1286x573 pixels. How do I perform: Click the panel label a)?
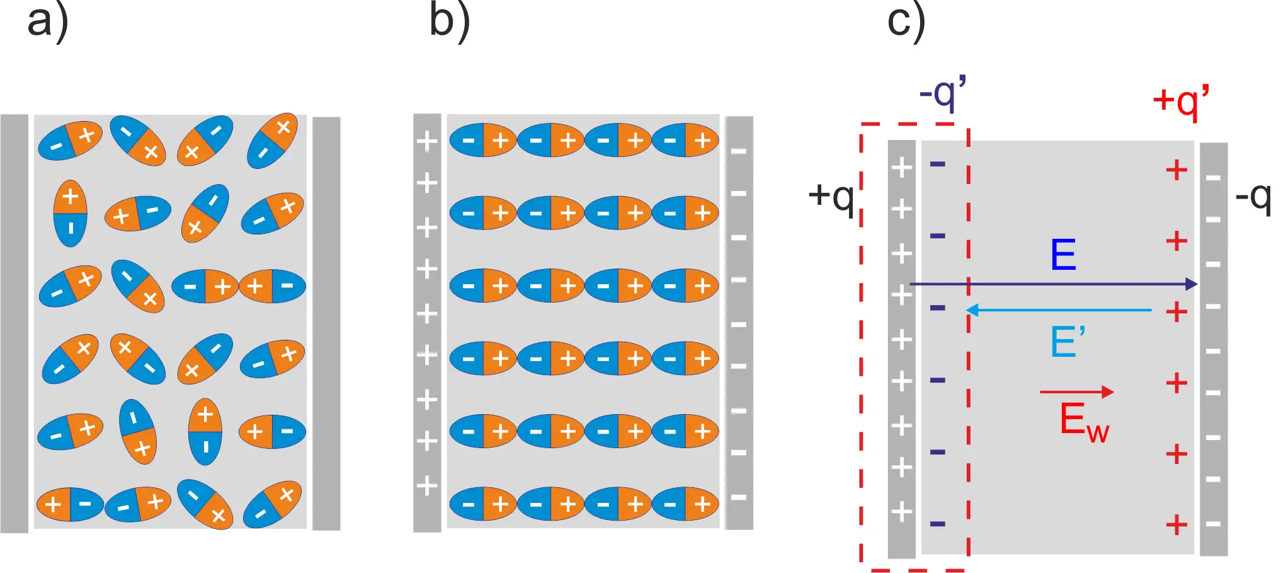click(48, 21)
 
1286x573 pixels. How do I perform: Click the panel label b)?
click(450, 21)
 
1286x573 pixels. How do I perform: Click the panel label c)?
click(906, 21)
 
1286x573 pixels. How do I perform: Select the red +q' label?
click(1181, 101)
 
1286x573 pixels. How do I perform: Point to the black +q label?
click(831, 197)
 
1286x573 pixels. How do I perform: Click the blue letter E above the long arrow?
click(1063, 255)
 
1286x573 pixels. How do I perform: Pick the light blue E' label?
click(1068, 342)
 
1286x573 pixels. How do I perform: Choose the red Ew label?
click(1084, 421)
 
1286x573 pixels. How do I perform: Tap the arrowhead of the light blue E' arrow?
click(972, 310)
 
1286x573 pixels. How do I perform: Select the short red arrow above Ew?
click(1077, 392)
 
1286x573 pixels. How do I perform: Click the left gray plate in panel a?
click(14, 323)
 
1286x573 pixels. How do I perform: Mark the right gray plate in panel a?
click(326, 323)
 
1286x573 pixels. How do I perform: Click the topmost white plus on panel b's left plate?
click(427, 141)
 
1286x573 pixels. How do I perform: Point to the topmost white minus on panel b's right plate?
click(739, 151)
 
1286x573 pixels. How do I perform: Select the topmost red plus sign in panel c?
click(1176, 170)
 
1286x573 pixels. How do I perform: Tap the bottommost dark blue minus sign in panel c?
click(938, 524)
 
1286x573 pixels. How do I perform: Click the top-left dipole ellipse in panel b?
click(483, 140)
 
